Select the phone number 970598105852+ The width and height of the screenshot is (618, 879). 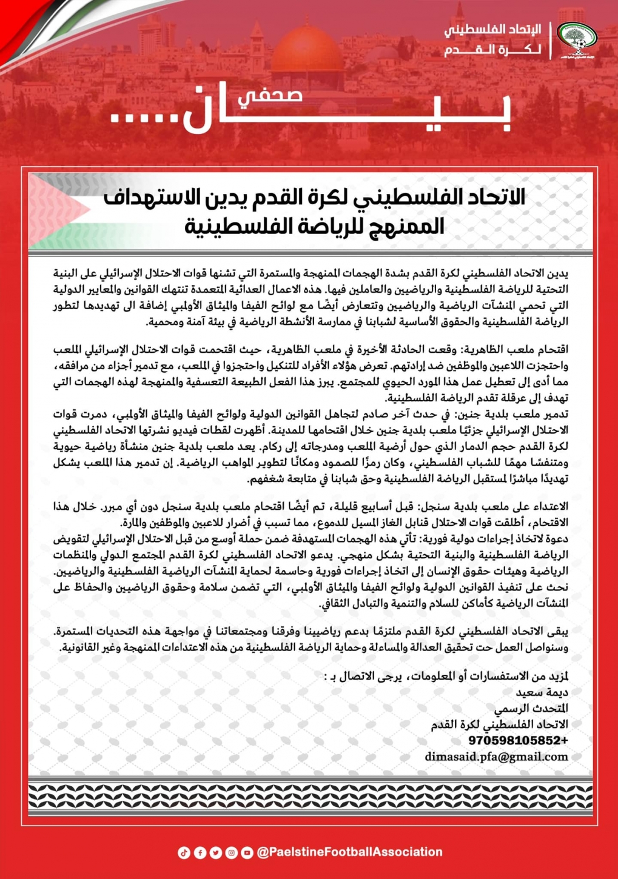518,740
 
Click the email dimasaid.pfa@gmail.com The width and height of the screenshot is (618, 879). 496,757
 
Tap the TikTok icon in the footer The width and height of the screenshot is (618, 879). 184,853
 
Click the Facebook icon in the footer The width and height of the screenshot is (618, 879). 200,853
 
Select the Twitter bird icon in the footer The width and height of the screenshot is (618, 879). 215,853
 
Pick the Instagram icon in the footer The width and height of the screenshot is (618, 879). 231,853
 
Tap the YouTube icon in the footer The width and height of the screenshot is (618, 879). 247,853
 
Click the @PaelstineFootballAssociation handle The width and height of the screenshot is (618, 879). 349,852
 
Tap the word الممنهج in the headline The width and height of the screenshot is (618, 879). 406,227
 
